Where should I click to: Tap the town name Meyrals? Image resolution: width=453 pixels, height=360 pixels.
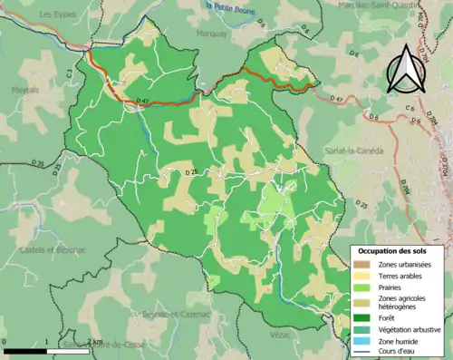(x=24, y=89)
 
